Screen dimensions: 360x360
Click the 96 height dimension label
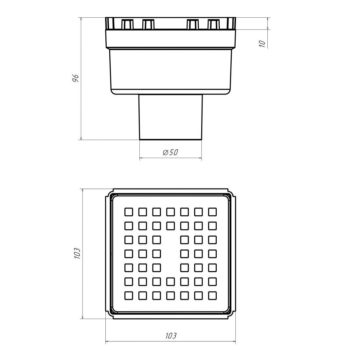point(76,78)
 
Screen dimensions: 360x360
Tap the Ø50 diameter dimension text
point(171,152)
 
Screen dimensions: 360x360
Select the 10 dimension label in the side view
point(262,44)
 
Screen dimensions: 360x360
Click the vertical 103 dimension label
point(77,253)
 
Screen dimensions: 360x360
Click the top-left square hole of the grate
point(129,212)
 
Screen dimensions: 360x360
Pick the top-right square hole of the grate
point(212,212)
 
